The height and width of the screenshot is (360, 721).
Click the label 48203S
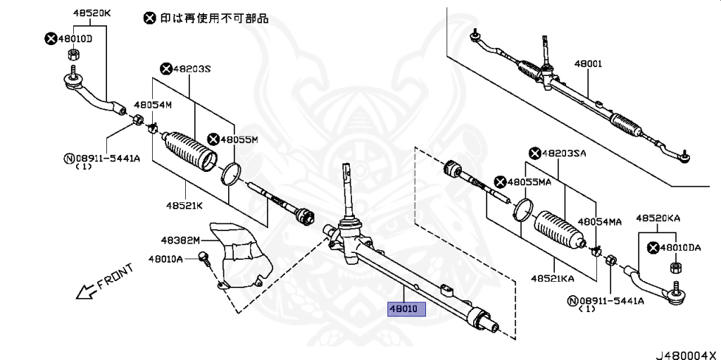(x=190, y=68)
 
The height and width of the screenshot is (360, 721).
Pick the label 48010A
(x=165, y=259)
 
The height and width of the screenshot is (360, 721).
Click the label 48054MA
(x=601, y=221)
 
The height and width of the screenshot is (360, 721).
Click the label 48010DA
(x=680, y=247)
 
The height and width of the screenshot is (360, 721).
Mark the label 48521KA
(x=553, y=278)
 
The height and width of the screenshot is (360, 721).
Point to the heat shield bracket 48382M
(x=239, y=257)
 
